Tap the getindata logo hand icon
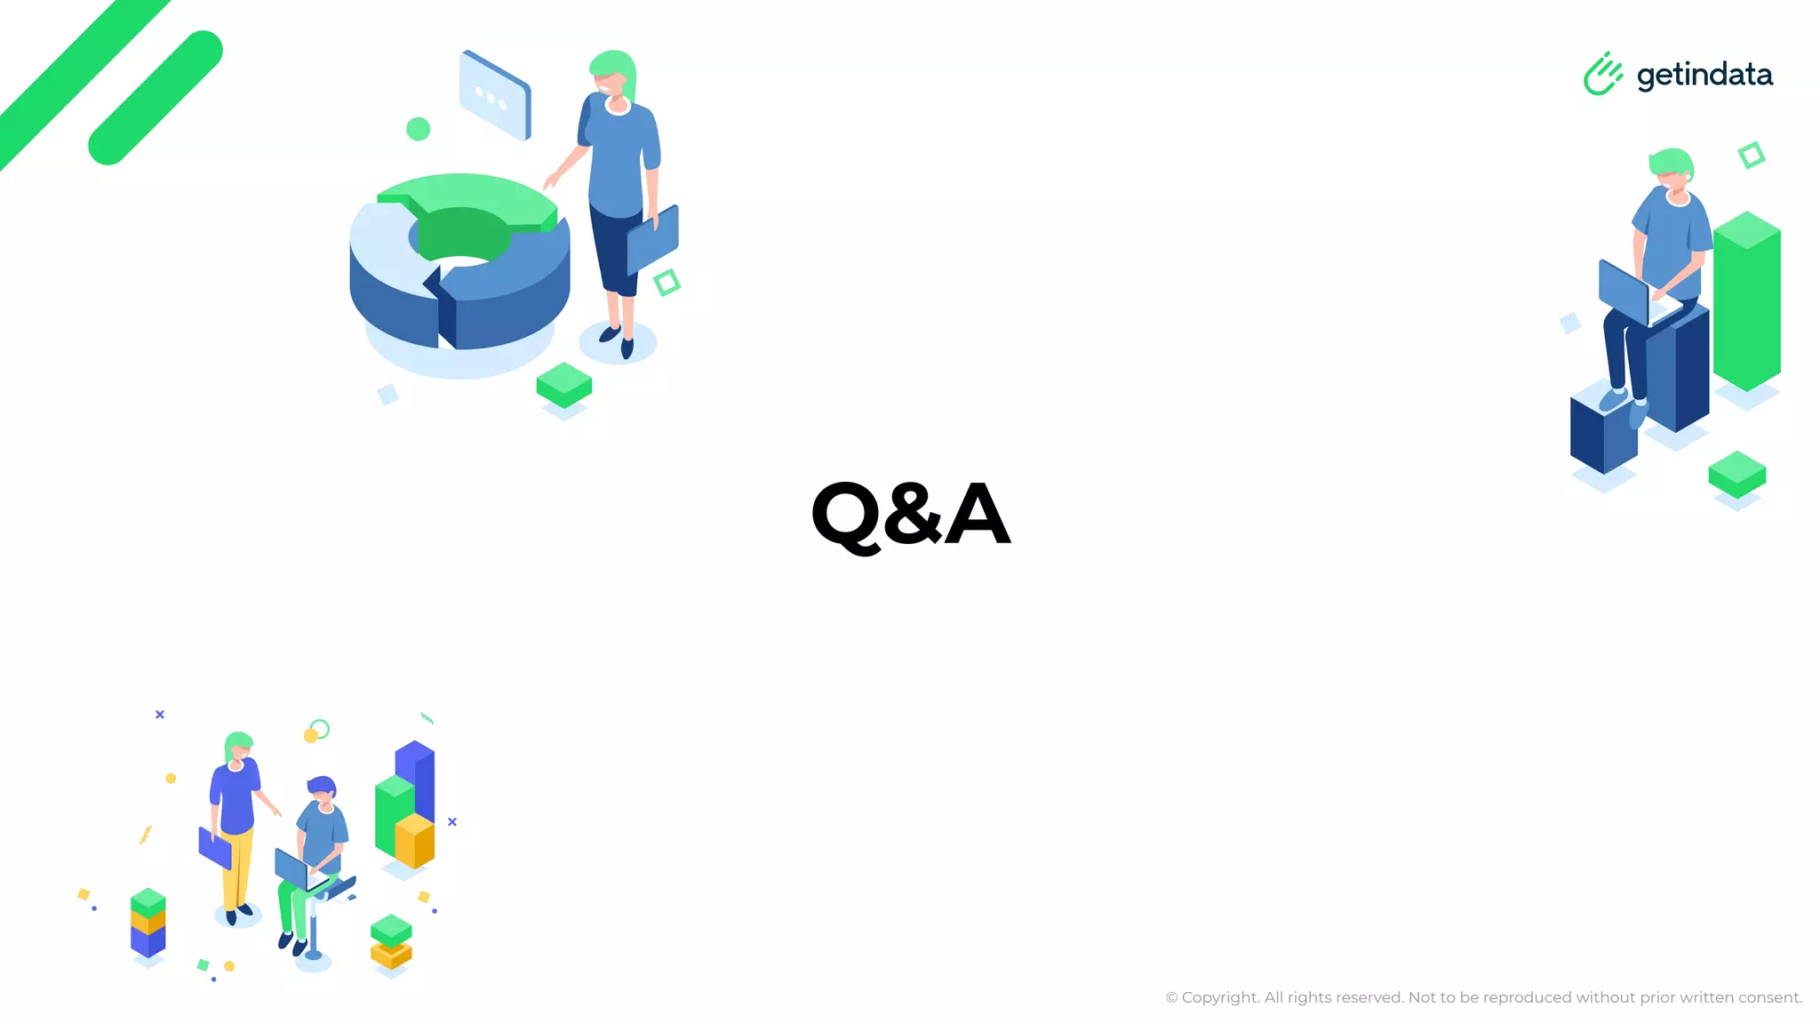(1602, 74)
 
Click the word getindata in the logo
(1704, 75)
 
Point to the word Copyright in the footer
(1220, 998)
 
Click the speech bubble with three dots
(495, 95)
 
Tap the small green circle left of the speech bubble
(418, 129)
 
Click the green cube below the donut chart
(563, 385)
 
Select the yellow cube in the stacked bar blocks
(414, 840)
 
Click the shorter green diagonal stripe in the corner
(156, 98)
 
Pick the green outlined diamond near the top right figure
(1751, 156)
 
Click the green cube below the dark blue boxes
(1736, 474)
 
